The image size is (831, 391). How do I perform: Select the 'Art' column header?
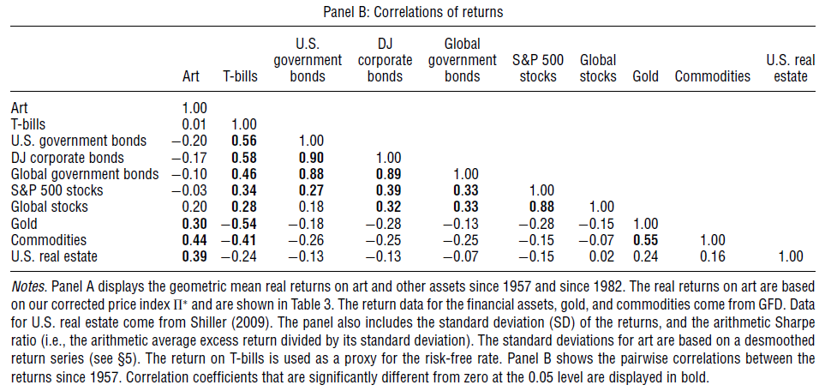[191, 76]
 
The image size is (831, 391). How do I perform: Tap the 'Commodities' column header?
[712, 76]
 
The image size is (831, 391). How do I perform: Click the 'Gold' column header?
[645, 76]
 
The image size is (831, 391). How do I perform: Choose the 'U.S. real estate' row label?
[53, 256]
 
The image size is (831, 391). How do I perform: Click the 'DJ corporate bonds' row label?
[68, 158]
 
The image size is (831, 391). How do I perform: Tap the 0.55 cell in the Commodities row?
[645, 239]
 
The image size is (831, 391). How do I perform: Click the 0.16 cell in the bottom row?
[712, 256]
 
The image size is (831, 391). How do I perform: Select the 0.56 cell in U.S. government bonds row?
[243, 141]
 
